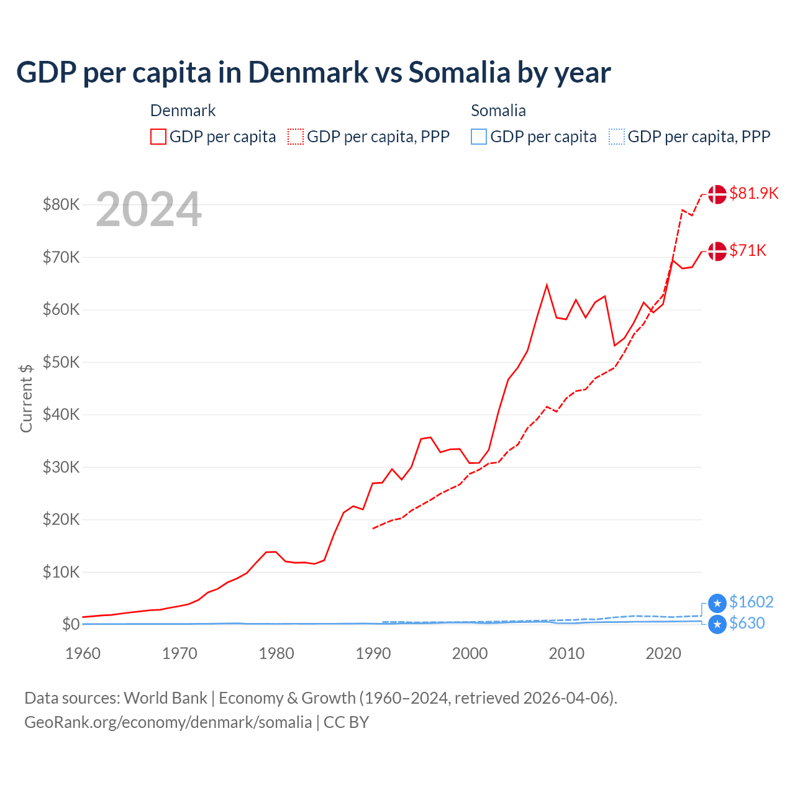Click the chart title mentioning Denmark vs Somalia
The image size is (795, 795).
tap(314, 72)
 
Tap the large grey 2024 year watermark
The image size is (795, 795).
tap(148, 209)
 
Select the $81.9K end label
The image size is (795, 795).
tap(753, 193)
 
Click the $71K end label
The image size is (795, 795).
tap(748, 250)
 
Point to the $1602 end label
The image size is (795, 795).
tap(751, 602)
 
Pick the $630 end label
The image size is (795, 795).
tap(747, 623)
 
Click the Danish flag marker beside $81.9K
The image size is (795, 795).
tap(717, 194)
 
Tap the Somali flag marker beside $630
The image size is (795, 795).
tap(717, 624)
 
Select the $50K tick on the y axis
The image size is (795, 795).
tap(61, 362)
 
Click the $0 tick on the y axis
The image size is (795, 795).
tap(70, 624)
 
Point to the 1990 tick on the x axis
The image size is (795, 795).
tap(373, 653)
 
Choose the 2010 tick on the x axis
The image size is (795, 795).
tap(566, 653)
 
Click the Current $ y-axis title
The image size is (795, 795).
tap(26, 398)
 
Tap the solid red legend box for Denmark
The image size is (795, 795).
tap(158, 137)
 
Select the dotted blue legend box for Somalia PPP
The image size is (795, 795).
tap(617, 137)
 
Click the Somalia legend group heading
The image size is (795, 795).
tap(498, 111)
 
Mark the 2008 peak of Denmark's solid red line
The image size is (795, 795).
tap(547, 285)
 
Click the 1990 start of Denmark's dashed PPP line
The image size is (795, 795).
tap(373, 529)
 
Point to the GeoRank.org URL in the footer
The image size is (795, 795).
tap(168, 722)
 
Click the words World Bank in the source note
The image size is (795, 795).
tap(165, 698)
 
